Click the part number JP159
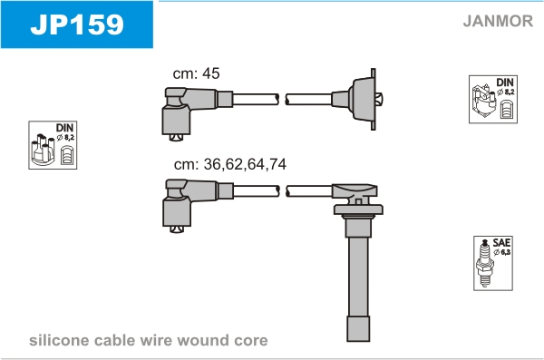pyautogui.click(x=77, y=24)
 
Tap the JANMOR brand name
pyautogui.click(x=498, y=21)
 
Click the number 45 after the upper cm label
pyautogui.click(x=211, y=73)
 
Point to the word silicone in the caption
pyautogui.click(x=59, y=340)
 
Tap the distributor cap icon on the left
pyautogui.click(x=43, y=150)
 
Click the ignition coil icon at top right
pyautogui.click(x=483, y=102)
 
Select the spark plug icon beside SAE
pyautogui.click(x=485, y=262)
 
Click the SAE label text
pyautogui.click(x=501, y=242)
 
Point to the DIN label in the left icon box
pyautogui.click(x=65, y=128)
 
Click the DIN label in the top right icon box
pyautogui.click(x=505, y=83)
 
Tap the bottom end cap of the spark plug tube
pyautogui.click(x=358, y=329)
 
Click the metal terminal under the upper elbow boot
pyautogui.click(x=176, y=138)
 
